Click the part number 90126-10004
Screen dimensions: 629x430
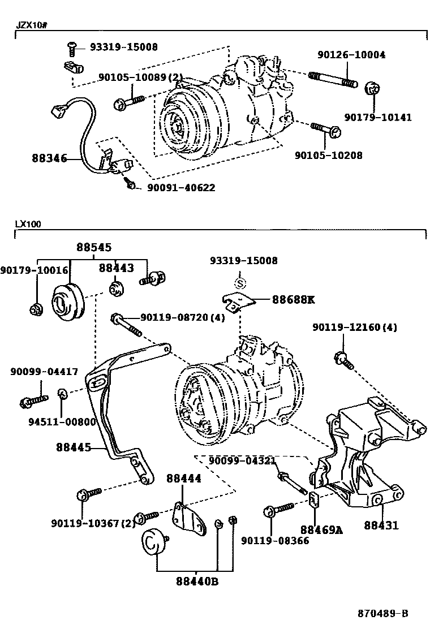[x=351, y=55]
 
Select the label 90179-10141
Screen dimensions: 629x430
[x=378, y=117]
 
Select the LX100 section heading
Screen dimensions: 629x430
[x=28, y=224]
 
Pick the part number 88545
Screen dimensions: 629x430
[x=94, y=247]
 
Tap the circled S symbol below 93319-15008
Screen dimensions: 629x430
[x=239, y=283]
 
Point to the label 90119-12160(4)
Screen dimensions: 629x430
[x=354, y=328]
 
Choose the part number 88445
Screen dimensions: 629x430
[x=73, y=447]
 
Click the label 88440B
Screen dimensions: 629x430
[x=196, y=581]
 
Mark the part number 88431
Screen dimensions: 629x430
[x=381, y=525]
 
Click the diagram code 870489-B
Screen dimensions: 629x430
[x=382, y=613]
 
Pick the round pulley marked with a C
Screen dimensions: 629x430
[x=152, y=544]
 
